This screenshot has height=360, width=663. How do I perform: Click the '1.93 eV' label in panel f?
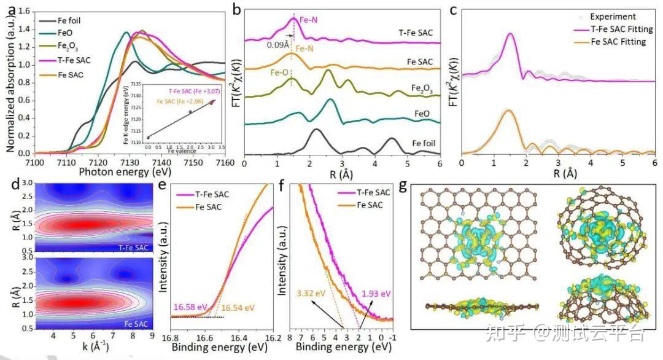[x=376, y=294]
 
